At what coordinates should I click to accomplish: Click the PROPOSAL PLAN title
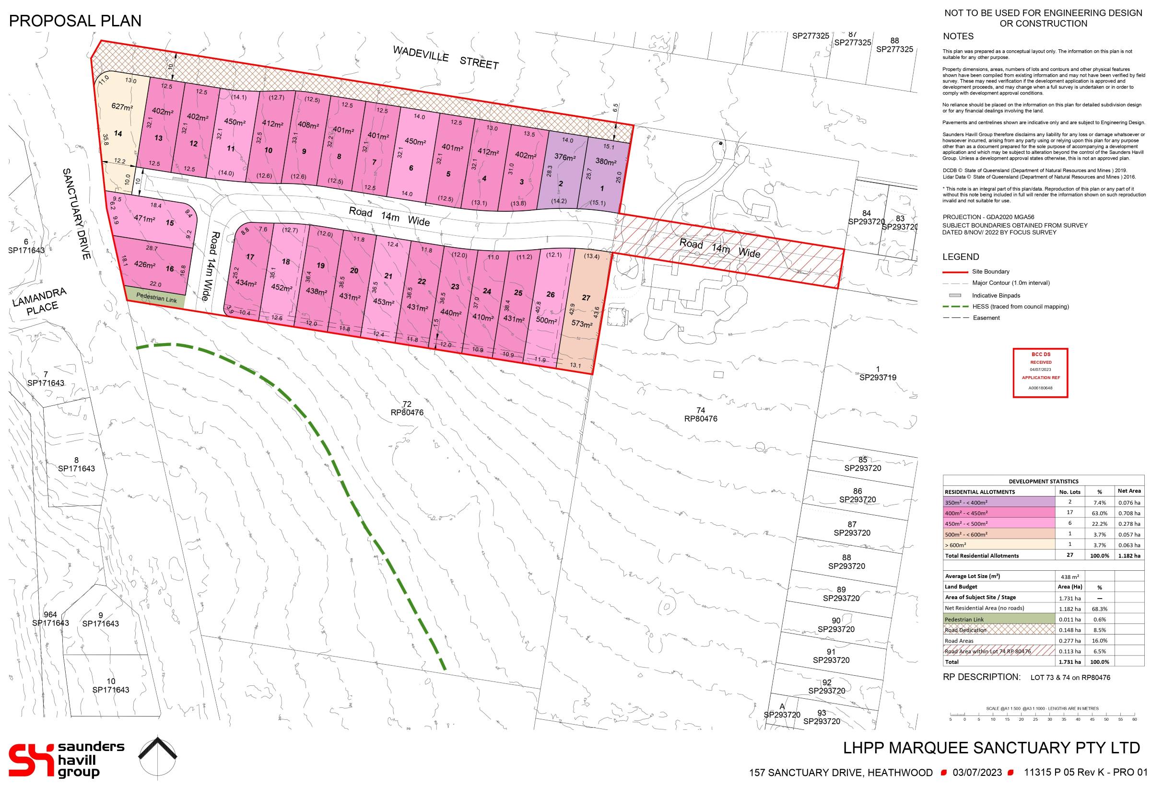pyautogui.click(x=75, y=21)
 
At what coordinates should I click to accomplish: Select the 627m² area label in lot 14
pyautogui.click(x=121, y=106)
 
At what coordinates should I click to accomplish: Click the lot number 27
pyautogui.click(x=586, y=298)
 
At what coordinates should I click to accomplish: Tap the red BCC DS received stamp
pyautogui.click(x=1040, y=373)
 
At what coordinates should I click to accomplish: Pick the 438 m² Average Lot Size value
pyautogui.click(x=1069, y=577)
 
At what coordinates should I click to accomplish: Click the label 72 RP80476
pyautogui.click(x=407, y=408)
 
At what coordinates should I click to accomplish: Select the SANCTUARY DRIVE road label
pyautogui.click(x=77, y=213)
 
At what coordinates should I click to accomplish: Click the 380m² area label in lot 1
pyautogui.click(x=606, y=162)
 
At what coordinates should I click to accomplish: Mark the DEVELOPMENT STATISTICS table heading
pyautogui.click(x=1043, y=481)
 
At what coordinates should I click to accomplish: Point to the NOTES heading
pyautogui.click(x=958, y=36)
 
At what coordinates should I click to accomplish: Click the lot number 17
pyautogui.click(x=250, y=257)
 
